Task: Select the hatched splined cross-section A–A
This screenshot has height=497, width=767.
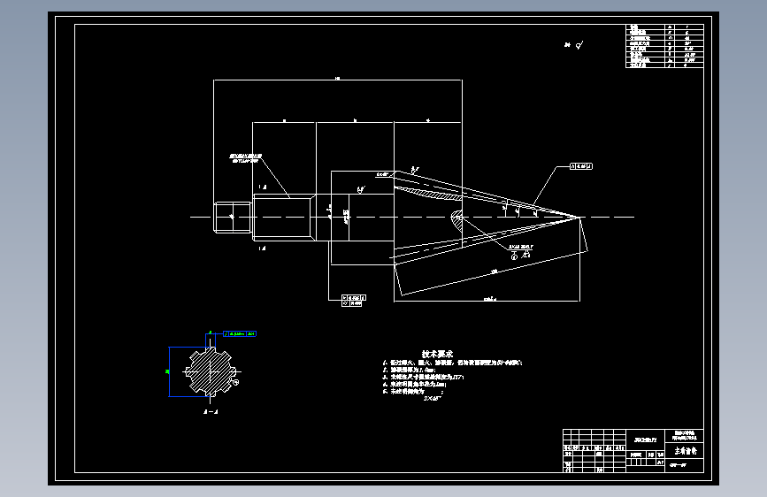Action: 209,371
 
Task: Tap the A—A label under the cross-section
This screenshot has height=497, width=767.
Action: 210,412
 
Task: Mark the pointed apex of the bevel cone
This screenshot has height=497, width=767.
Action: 579,217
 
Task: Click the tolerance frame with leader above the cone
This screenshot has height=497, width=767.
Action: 580,165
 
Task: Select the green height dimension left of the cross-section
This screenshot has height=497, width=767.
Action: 168,371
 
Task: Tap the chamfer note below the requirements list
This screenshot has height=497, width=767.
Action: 432,400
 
